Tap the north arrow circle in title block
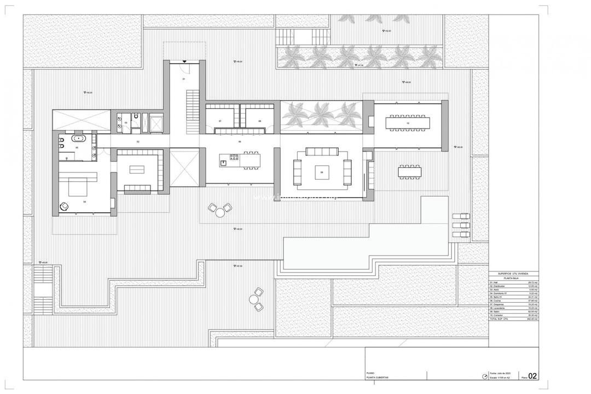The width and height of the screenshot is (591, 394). tap(484, 376)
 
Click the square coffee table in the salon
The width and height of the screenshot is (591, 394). tap(321, 172)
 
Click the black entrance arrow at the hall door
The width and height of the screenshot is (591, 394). tap(184, 62)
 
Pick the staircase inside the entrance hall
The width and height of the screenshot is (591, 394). tap(192, 107)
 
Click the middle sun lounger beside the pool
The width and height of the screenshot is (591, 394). tap(461, 225)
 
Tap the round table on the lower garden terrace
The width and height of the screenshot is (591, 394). tap(255, 299)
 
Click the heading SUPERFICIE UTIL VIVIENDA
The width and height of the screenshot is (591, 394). tap(513, 273)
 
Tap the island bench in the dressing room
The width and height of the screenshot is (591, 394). tap(137, 169)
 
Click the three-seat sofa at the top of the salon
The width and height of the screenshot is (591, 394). tap(322, 152)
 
